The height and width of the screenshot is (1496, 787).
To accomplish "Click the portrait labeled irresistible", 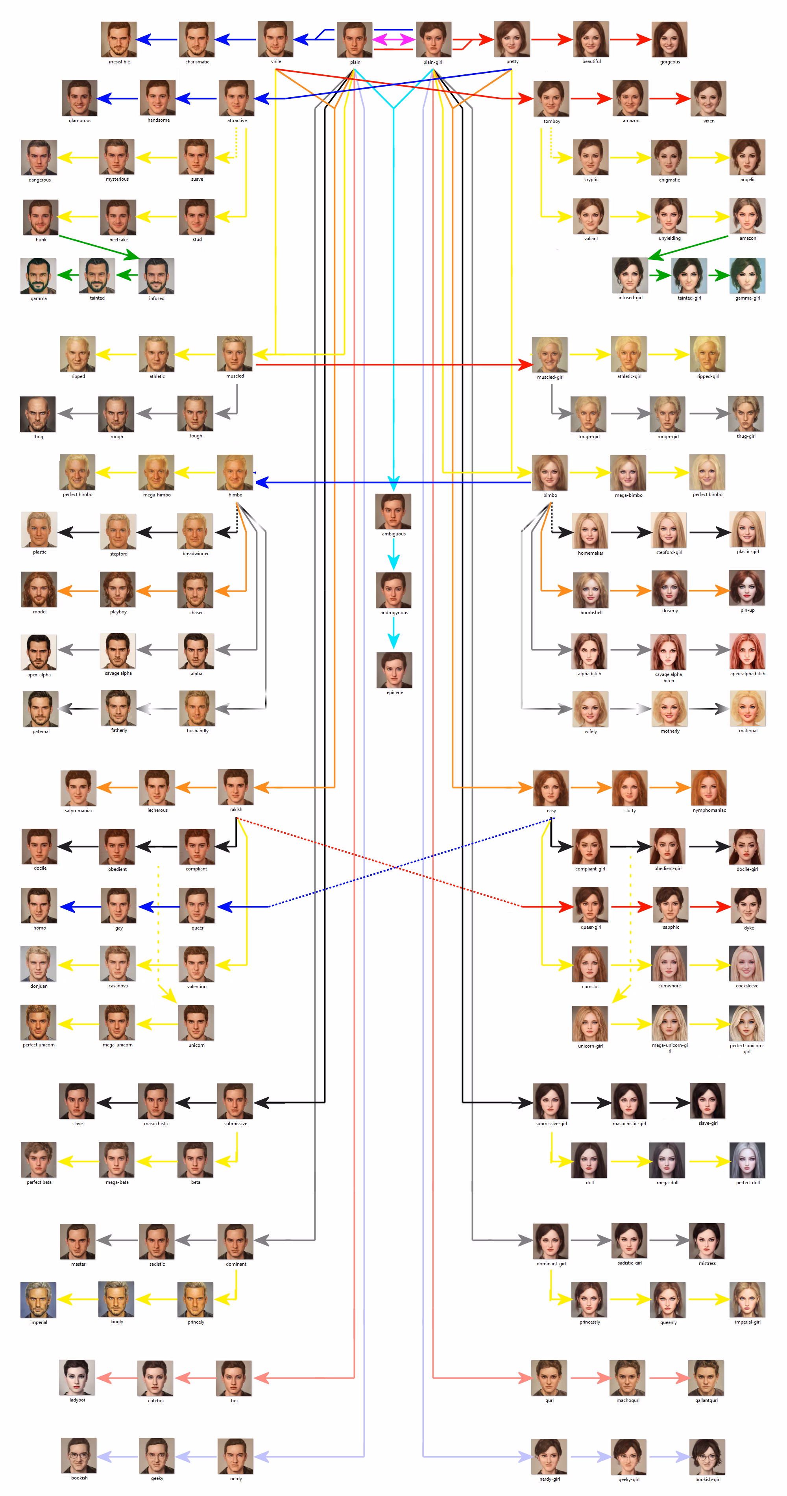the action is [x=119, y=39].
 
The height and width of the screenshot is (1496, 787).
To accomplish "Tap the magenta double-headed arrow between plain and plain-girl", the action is [x=393, y=39].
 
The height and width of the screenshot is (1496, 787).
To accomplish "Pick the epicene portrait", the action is [x=394, y=670].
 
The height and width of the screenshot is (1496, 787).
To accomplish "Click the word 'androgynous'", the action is [x=394, y=613].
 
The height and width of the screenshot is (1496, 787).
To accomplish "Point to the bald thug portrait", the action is [x=38, y=414].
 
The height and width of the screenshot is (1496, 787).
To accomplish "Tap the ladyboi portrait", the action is [x=77, y=1378].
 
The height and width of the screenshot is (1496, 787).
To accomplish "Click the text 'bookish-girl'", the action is [x=708, y=1479].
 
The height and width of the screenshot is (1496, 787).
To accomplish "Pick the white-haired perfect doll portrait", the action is [x=748, y=1160].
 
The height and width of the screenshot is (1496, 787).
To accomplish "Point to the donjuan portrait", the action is [x=38, y=964].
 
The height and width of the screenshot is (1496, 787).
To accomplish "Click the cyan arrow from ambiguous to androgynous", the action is [x=393, y=554].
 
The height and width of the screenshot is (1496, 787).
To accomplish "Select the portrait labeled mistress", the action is [x=707, y=1241].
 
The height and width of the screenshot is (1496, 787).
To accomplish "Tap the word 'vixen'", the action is [x=709, y=121].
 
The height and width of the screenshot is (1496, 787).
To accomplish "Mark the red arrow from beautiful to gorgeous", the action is [x=630, y=39].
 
